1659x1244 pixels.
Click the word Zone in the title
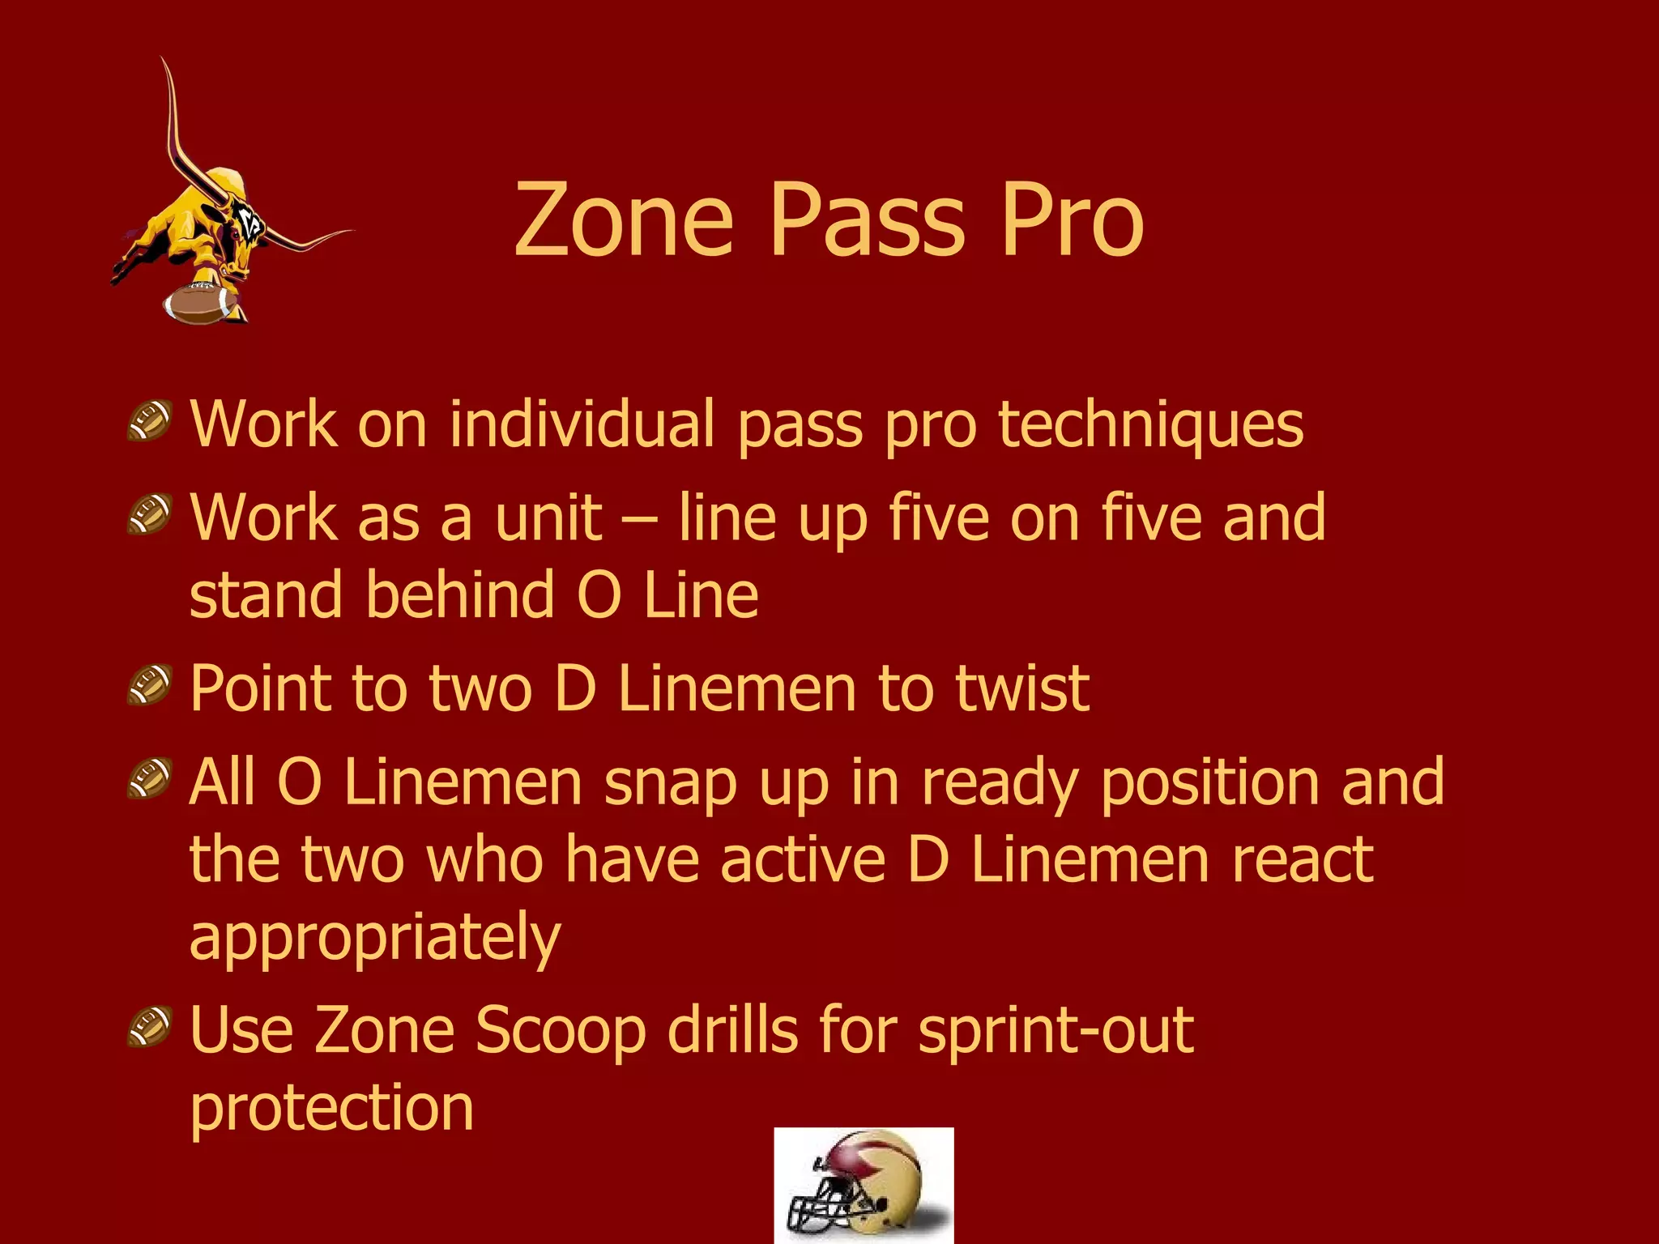click(624, 220)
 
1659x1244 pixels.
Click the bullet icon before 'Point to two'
click(150, 684)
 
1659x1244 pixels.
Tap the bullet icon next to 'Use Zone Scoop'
click(150, 1027)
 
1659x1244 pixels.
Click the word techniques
click(1151, 425)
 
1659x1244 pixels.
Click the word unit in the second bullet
click(548, 518)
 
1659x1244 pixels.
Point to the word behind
click(460, 594)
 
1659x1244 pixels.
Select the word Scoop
click(560, 1030)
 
